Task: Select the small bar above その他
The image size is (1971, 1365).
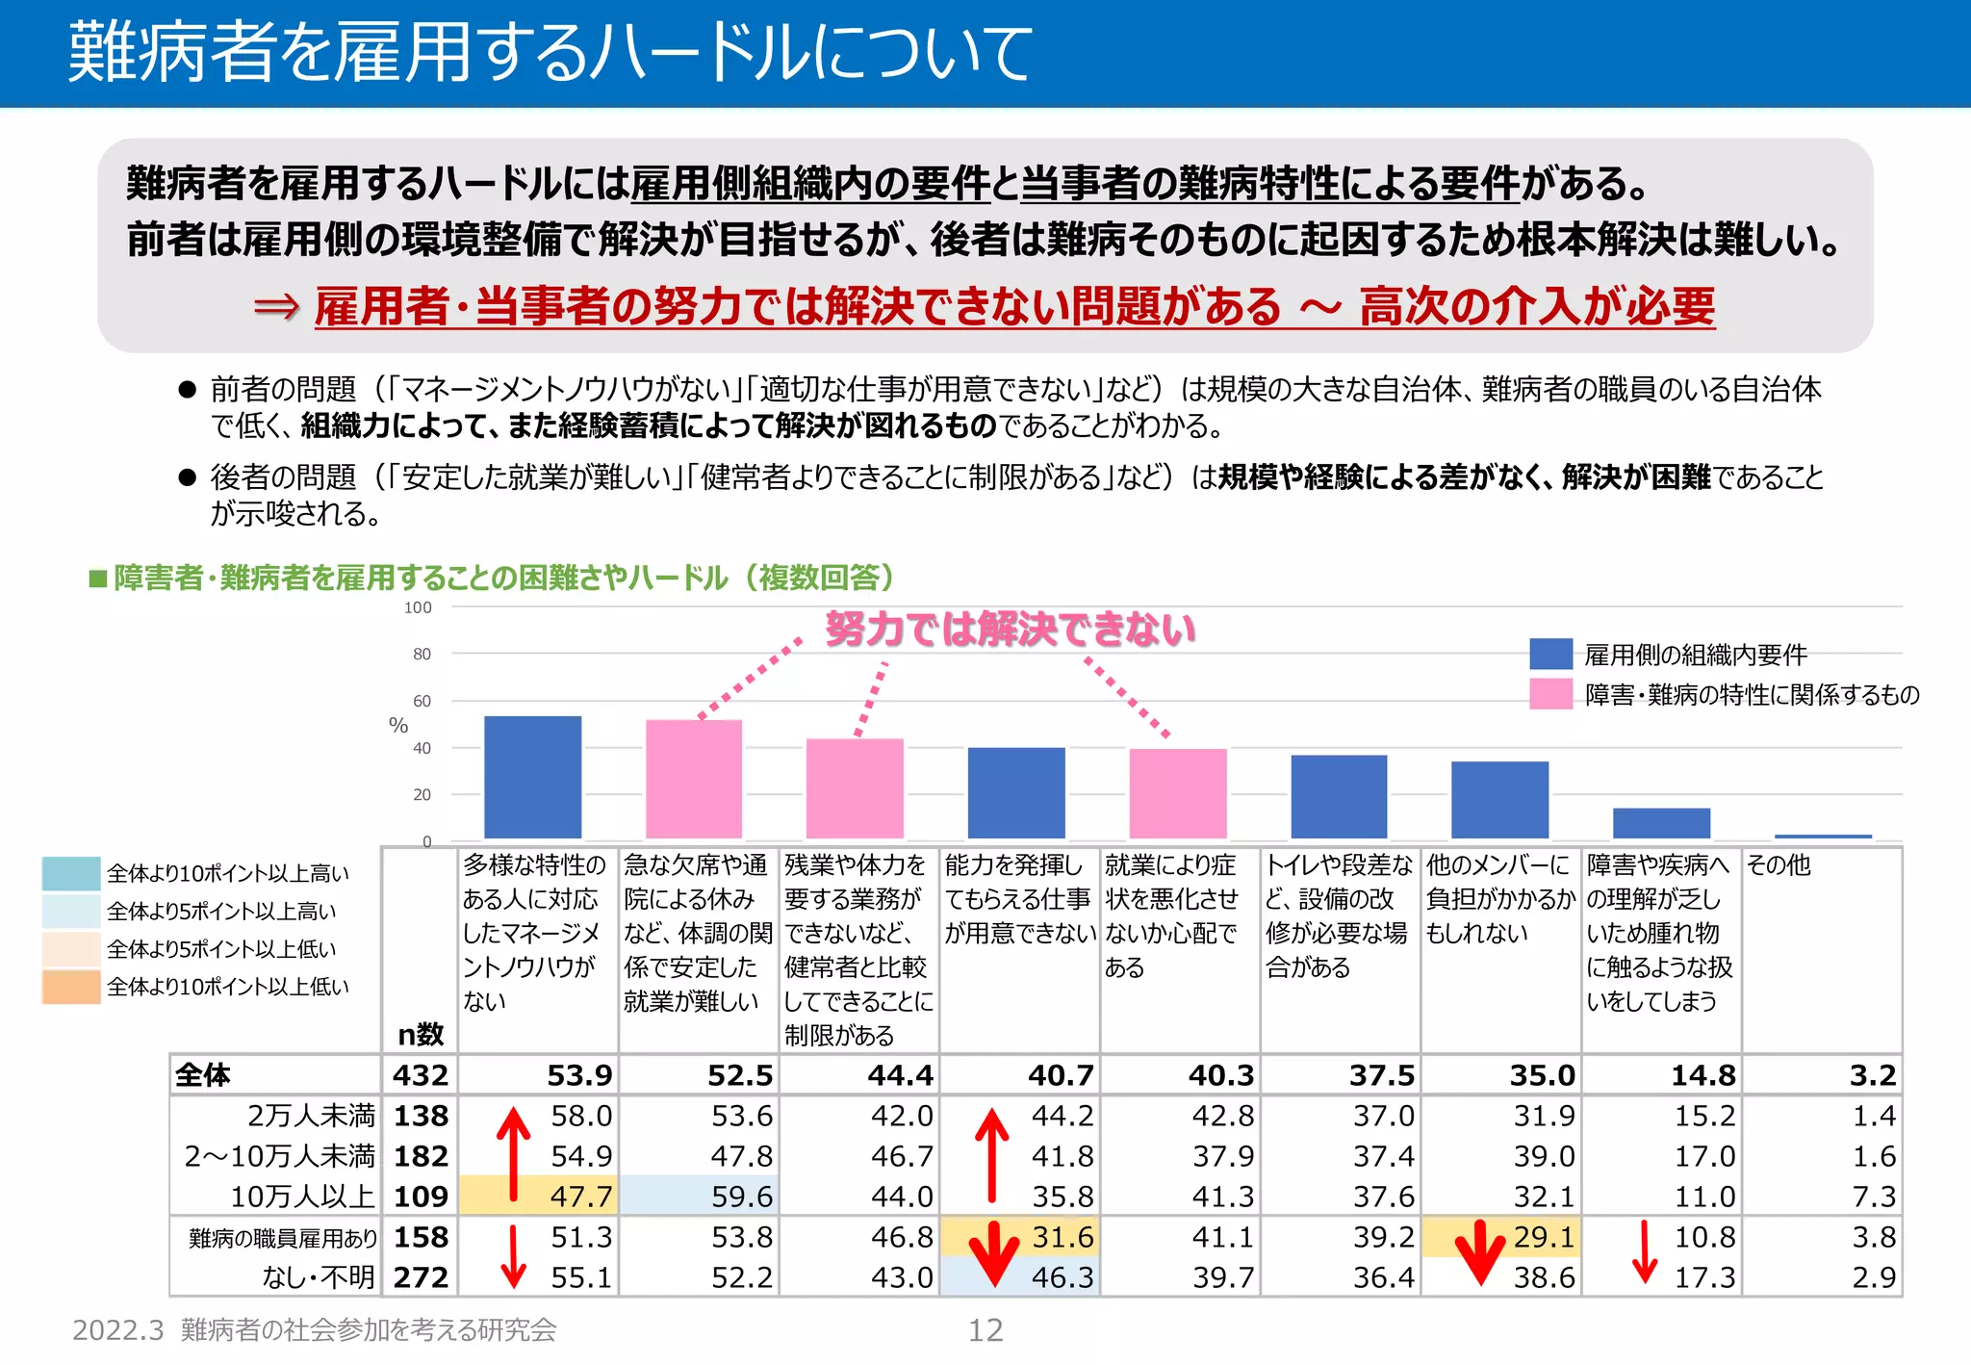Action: click(x=1823, y=836)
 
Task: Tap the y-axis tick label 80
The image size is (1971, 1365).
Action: click(x=422, y=655)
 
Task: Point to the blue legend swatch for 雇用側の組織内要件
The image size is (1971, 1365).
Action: click(x=1550, y=655)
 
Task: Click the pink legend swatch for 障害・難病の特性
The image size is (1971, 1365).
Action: click(x=1550, y=694)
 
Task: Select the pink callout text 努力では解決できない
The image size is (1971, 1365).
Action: click(x=1010, y=630)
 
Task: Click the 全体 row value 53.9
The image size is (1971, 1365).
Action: click(x=579, y=1074)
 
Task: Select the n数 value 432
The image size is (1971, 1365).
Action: click(x=421, y=1074)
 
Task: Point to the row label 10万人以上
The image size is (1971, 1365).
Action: click(x=301, y=1197)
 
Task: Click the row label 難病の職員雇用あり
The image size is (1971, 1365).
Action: click(x=283, y=1238)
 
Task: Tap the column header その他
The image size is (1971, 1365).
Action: click(x=1779, y=865)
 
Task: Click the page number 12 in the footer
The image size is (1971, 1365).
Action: click(x=985, y=1330)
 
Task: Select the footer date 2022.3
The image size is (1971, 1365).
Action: click(x=118, y=1330)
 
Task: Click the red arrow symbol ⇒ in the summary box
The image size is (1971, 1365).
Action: click(x=276, y=307)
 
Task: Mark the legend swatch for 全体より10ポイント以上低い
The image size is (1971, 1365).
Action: click(x=71, y=987)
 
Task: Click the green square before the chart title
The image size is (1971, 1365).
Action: click(x=97, y=579)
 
